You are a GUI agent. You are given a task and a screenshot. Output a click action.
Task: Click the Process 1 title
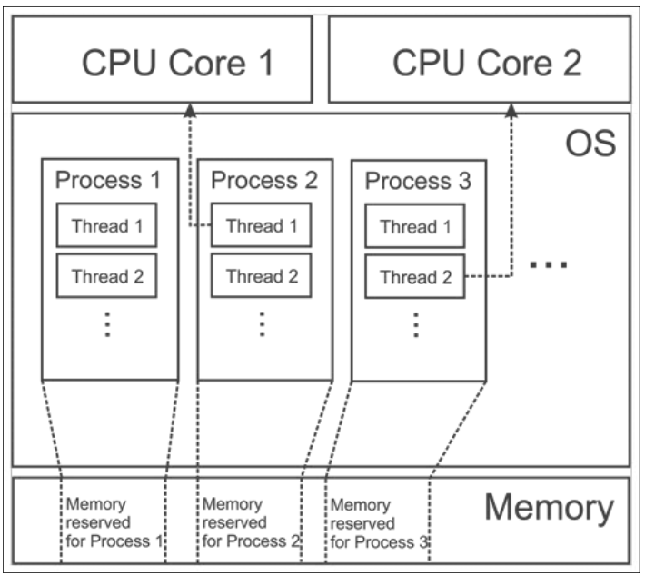pos(109,180)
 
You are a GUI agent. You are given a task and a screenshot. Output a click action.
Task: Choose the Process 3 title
pos(418,180)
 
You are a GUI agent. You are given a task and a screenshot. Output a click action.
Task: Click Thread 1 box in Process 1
pos(108,225)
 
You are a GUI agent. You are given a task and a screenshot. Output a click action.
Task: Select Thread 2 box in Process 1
pos(108,275)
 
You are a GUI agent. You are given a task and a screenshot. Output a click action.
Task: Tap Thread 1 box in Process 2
pos(262,225)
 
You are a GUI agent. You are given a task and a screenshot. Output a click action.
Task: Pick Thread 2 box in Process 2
pos(262,275)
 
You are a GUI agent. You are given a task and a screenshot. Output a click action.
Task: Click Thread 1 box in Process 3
pos(415,225)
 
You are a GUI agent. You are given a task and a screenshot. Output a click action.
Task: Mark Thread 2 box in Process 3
pos(415,275)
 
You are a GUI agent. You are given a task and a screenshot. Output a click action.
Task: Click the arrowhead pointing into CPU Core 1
pos(190,110)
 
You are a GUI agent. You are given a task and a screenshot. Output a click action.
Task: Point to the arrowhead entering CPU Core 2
pos(511,110)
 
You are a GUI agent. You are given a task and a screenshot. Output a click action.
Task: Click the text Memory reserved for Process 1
pos(112,523)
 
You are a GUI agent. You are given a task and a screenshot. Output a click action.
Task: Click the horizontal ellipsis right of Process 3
pos(549,264)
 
